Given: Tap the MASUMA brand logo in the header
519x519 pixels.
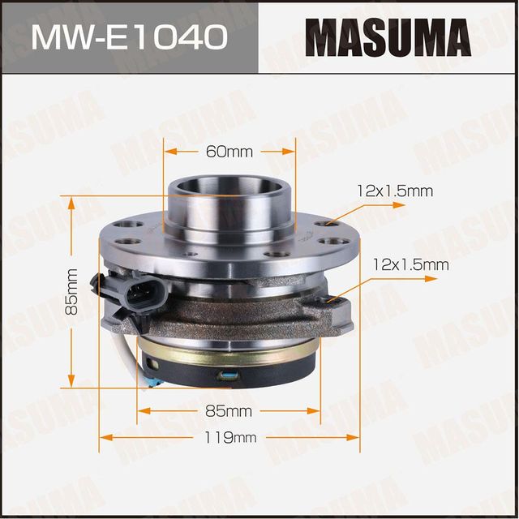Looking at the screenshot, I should [388, 36].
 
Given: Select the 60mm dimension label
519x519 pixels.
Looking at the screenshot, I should [229, 152].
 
